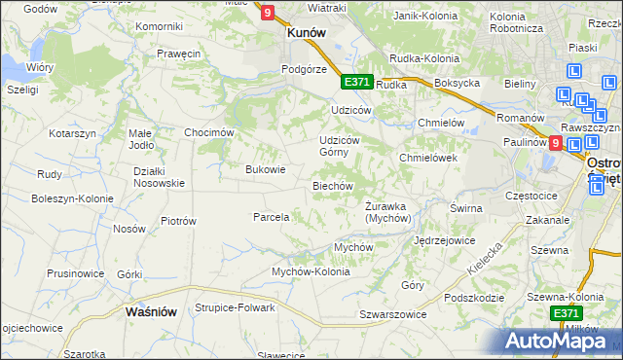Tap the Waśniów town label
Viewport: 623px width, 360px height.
151,312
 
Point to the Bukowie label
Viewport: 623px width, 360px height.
265,169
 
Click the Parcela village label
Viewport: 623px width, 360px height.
272,217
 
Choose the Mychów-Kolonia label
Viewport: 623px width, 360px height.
311,271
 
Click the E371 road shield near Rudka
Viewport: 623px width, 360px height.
355,82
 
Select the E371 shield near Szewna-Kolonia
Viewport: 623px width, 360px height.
566,312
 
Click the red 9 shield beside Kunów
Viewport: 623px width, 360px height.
267,12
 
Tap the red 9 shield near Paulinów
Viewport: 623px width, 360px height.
555,142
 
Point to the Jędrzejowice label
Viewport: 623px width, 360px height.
444,239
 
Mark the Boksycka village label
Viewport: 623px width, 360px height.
458,84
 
